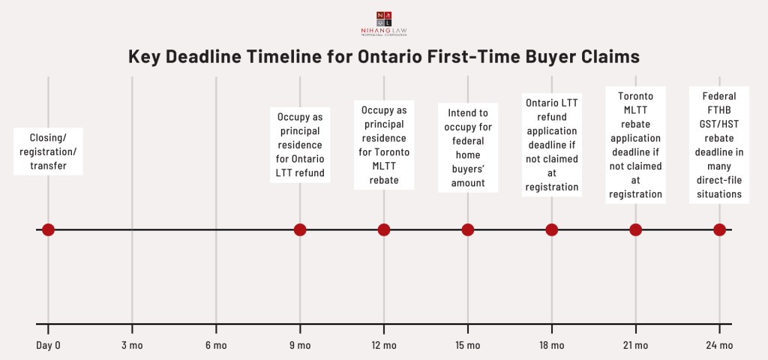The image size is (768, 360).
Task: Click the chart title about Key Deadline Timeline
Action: coord(383,57)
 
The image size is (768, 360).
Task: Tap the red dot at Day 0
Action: coord(48,229)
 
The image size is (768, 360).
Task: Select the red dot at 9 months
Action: coord(300,229)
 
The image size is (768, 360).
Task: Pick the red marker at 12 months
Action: coord(384,229)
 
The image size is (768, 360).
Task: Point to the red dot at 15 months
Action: coord(468,229)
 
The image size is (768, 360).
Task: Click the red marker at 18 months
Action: coord(552,229)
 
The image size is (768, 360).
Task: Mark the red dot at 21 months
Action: coord(636,229)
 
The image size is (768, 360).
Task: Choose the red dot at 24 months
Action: coord(720,229)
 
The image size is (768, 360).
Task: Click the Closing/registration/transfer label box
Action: coord(48,151)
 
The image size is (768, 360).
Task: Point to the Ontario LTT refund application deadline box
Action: coord(552,142)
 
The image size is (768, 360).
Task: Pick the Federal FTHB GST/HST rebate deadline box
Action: coord(720,145)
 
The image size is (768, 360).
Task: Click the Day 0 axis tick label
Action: coord(48,345)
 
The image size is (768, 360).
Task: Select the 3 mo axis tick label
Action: coord(132,345)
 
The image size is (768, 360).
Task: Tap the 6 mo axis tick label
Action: coord(216,345)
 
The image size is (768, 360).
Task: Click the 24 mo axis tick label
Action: coord(720,345)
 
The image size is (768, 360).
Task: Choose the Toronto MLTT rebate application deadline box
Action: coord(636,145)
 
